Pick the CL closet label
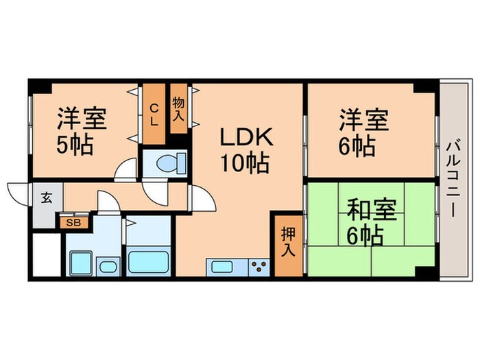[x=154, y=114]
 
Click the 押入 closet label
[x=288, y=243]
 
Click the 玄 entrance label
[x=47, y=199]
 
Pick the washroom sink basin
[x=108, y=266]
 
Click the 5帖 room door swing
[x=127, y=170]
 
